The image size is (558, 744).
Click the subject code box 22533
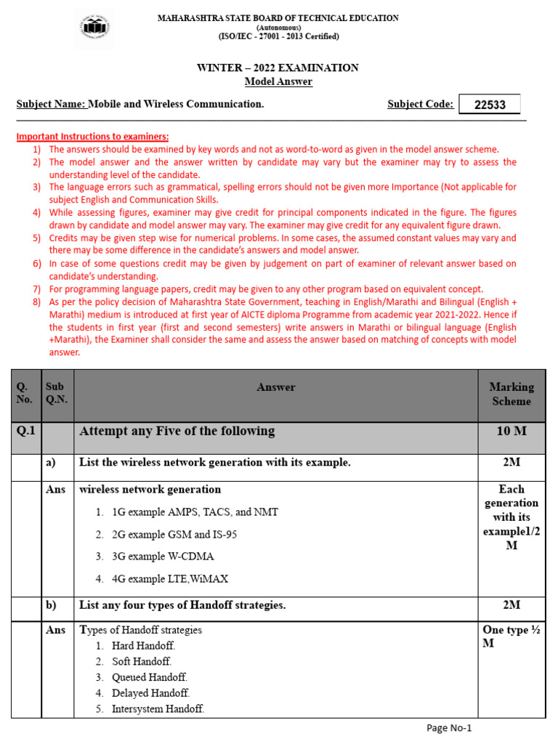pos(489,105)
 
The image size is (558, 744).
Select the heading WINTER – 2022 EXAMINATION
pos(278,68)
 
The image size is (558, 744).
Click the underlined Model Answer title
pos(278,81)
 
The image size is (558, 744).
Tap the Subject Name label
pos(51,105)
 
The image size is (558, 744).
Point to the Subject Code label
pos(420,105)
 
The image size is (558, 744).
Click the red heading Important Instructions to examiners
pos(92,137)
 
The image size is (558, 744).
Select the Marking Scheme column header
pos(511,394)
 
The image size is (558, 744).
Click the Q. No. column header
pos(25,394)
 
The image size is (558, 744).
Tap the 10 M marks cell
pos(511,432)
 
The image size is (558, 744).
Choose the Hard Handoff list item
pos(143,645)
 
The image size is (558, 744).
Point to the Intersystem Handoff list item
pos(158,708)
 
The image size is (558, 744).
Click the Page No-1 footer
pos(448,728)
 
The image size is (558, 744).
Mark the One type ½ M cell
pos(511,636)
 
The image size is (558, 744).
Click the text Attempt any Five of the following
pos(177,432)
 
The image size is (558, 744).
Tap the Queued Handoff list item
pos(149,677)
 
